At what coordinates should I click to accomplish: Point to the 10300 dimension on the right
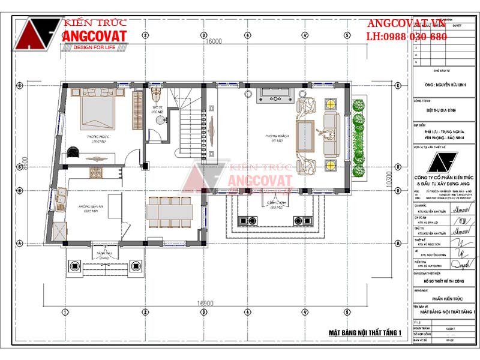[x=389, y=178]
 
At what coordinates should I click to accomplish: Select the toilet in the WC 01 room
[x=157, y=96]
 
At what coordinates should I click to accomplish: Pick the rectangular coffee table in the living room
[x=304, y=136]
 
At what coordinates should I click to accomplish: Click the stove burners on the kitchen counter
[x=97, y=173]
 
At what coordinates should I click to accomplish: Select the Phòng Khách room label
[x=280, y=136]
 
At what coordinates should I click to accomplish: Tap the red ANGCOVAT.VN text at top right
[x=406, y=23]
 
